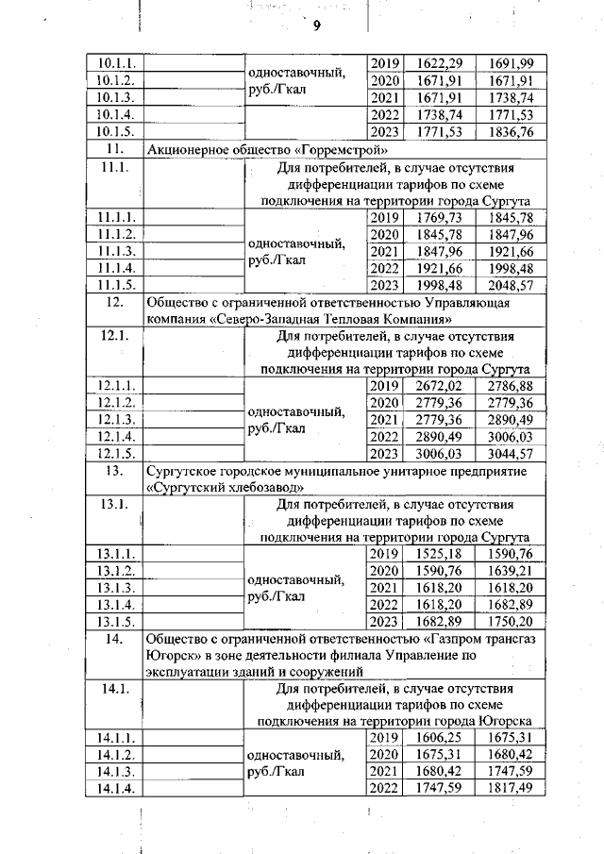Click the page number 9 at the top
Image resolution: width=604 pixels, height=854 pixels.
coord(317,25)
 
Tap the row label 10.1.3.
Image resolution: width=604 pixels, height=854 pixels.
coord(119,98)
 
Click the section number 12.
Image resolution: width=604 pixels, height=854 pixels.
coord(117,303)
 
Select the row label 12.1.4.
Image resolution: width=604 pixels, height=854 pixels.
coord(119,437)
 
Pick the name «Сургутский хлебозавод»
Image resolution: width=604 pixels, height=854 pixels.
coord(226,488)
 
